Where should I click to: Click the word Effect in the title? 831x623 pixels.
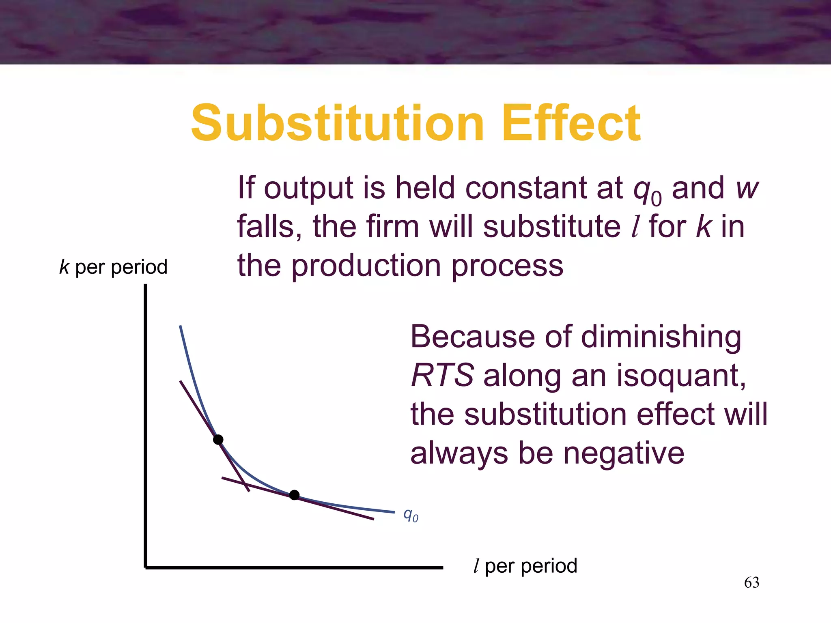tap(571, 123)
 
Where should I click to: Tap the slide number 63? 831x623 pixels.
tap(751, 582)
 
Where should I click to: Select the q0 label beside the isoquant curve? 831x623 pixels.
tap(410, 515)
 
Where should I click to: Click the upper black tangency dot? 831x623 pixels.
tap(218, 440)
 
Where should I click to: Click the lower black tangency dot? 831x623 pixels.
tap(295, 495)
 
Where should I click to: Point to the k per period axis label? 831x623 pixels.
tap(113, 267)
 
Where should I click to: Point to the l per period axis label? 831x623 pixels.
tap(525, 566)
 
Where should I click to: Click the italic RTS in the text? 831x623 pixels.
tap(442, 375)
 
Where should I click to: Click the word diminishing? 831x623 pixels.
tap(661, 337)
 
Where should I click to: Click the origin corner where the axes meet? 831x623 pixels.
tap(146, 567)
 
